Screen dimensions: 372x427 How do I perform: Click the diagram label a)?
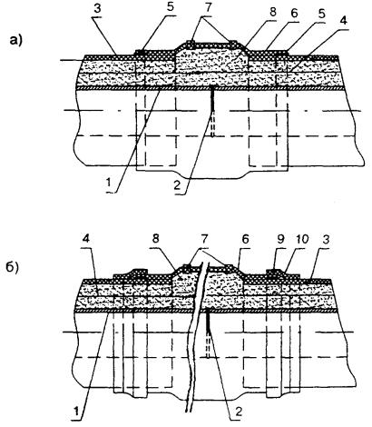click(15, 40)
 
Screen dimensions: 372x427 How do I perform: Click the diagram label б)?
click(13, 267)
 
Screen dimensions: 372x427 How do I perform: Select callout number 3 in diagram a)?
click(97, 9)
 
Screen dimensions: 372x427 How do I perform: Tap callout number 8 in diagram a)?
click(273, 13)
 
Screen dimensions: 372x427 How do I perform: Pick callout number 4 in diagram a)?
click(343, 21)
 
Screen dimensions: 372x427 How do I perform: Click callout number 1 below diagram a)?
click(107, 184)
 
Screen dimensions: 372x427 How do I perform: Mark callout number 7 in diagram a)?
click(209, 9)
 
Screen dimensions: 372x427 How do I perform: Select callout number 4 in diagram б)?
click(86, 239)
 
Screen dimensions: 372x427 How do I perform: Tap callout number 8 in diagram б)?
click(155, 239)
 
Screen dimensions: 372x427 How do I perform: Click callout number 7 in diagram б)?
click(203, 239)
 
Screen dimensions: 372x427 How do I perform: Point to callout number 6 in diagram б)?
click(245, 239)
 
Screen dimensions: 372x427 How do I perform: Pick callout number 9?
click(280, 239)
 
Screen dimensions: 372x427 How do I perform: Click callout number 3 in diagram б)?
click(327, 239)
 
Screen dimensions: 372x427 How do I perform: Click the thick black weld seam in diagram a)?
click(212, 99)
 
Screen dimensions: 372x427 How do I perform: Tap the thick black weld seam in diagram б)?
click(208, 321)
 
